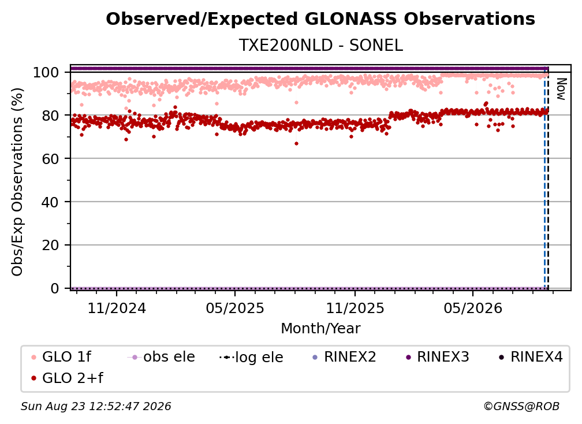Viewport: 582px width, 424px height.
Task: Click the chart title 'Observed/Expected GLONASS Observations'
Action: click(320, 19)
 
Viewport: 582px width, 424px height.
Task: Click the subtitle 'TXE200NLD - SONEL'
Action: click(320, 45)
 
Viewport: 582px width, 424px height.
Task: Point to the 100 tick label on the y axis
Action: click(46, 72)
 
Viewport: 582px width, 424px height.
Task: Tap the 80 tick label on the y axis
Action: click(50, 116)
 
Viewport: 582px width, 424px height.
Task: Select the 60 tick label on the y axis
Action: click(50, 158)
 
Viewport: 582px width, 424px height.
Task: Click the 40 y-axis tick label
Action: click(50, 202)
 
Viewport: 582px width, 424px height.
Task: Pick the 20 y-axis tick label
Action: click(50, 245)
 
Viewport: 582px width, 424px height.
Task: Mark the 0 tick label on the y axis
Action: click(54, 288)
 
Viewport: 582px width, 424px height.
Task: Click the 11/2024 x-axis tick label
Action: click(117, 308)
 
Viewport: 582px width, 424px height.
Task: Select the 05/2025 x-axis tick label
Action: click(235, 308)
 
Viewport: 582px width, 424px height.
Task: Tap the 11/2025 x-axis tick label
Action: click(355, 308)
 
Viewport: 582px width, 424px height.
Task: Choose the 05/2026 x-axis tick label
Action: click(473, 308)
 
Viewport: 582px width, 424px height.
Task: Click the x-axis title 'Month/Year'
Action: click(320, 328)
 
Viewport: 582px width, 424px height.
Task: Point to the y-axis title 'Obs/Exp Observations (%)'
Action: click(17, 182)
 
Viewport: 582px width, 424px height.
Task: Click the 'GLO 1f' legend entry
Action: click(61, 357)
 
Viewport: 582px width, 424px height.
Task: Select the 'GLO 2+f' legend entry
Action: click(67, 378)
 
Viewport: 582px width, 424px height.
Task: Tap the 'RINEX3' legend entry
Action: click(438, 357)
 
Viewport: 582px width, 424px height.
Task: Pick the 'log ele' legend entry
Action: click(251, 357)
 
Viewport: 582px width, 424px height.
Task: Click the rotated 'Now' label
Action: click(561, 89)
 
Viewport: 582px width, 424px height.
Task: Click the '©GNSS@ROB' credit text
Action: click(521, 406)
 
